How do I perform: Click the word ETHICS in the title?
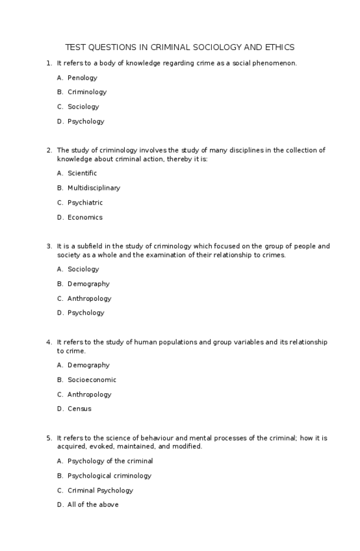281,47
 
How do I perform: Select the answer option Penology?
82,78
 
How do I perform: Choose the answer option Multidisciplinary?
94,188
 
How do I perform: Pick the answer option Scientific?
82,173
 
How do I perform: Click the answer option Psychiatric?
85,203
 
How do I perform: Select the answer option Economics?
84,218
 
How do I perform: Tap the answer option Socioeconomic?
92,380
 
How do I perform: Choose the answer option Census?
79,409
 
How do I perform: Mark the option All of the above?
93,505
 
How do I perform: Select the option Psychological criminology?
109,476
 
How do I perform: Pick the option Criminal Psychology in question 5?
100,491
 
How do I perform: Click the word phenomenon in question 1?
276,63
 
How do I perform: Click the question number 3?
49,246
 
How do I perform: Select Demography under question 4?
88,365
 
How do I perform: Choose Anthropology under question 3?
89,299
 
